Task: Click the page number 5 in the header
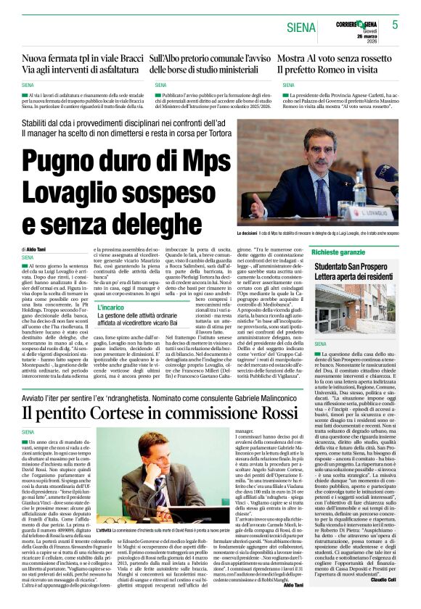395,25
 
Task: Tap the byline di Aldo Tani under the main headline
33,249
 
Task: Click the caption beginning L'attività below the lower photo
171,531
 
